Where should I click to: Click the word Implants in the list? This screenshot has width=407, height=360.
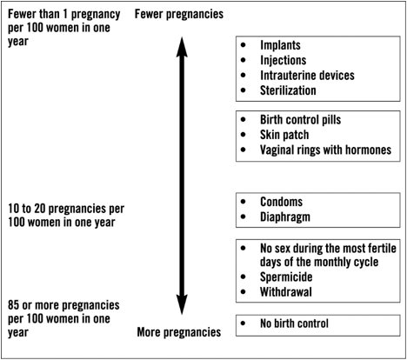pyautogui.click(x=280, y=45)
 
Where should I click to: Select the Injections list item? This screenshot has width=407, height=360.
pyautogui.click(x=284, y=61)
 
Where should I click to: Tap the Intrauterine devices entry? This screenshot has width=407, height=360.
pyautogui.click(x=307, y=76)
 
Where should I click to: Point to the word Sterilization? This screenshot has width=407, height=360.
pyautogui.click(x=288, y=90)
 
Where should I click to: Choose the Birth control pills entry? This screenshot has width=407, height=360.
pyautogui.click(x=301, y=120)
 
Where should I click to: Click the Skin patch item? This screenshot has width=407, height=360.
pyautogui.click(x=284, y=135)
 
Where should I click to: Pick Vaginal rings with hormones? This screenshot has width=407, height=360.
pyautogui.click(x=326, y=150)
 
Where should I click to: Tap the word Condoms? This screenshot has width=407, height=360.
pyautogui.click(x=281, y=202)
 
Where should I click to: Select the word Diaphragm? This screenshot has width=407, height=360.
pyautogui.click(x=285, y=217)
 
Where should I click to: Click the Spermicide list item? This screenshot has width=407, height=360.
pyautogui.click(x=286, y=277)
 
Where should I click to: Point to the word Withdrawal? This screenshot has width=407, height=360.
pyautogui.click(x=286, y=292)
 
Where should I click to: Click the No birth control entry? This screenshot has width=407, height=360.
pyautogui.click(x=294, y=323)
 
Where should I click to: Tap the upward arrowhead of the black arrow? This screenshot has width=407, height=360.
pyautogui.click(x=182, y=46)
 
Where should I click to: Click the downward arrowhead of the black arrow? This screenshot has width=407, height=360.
pyautogui.click(x=182, y=304)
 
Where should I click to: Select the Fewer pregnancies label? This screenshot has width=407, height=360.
pyautogui.click(x=179, y=15)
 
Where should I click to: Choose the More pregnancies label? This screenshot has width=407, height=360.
pyautogui.click(x=179, y=332)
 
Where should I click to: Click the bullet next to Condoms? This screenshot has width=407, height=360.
pyautogui.click(x=244, y=202)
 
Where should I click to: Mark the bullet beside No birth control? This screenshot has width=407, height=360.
pyautogui.click(x=244, y=323)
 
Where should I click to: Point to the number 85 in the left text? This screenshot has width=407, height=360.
pyautogui.click(x=14, y=305)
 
